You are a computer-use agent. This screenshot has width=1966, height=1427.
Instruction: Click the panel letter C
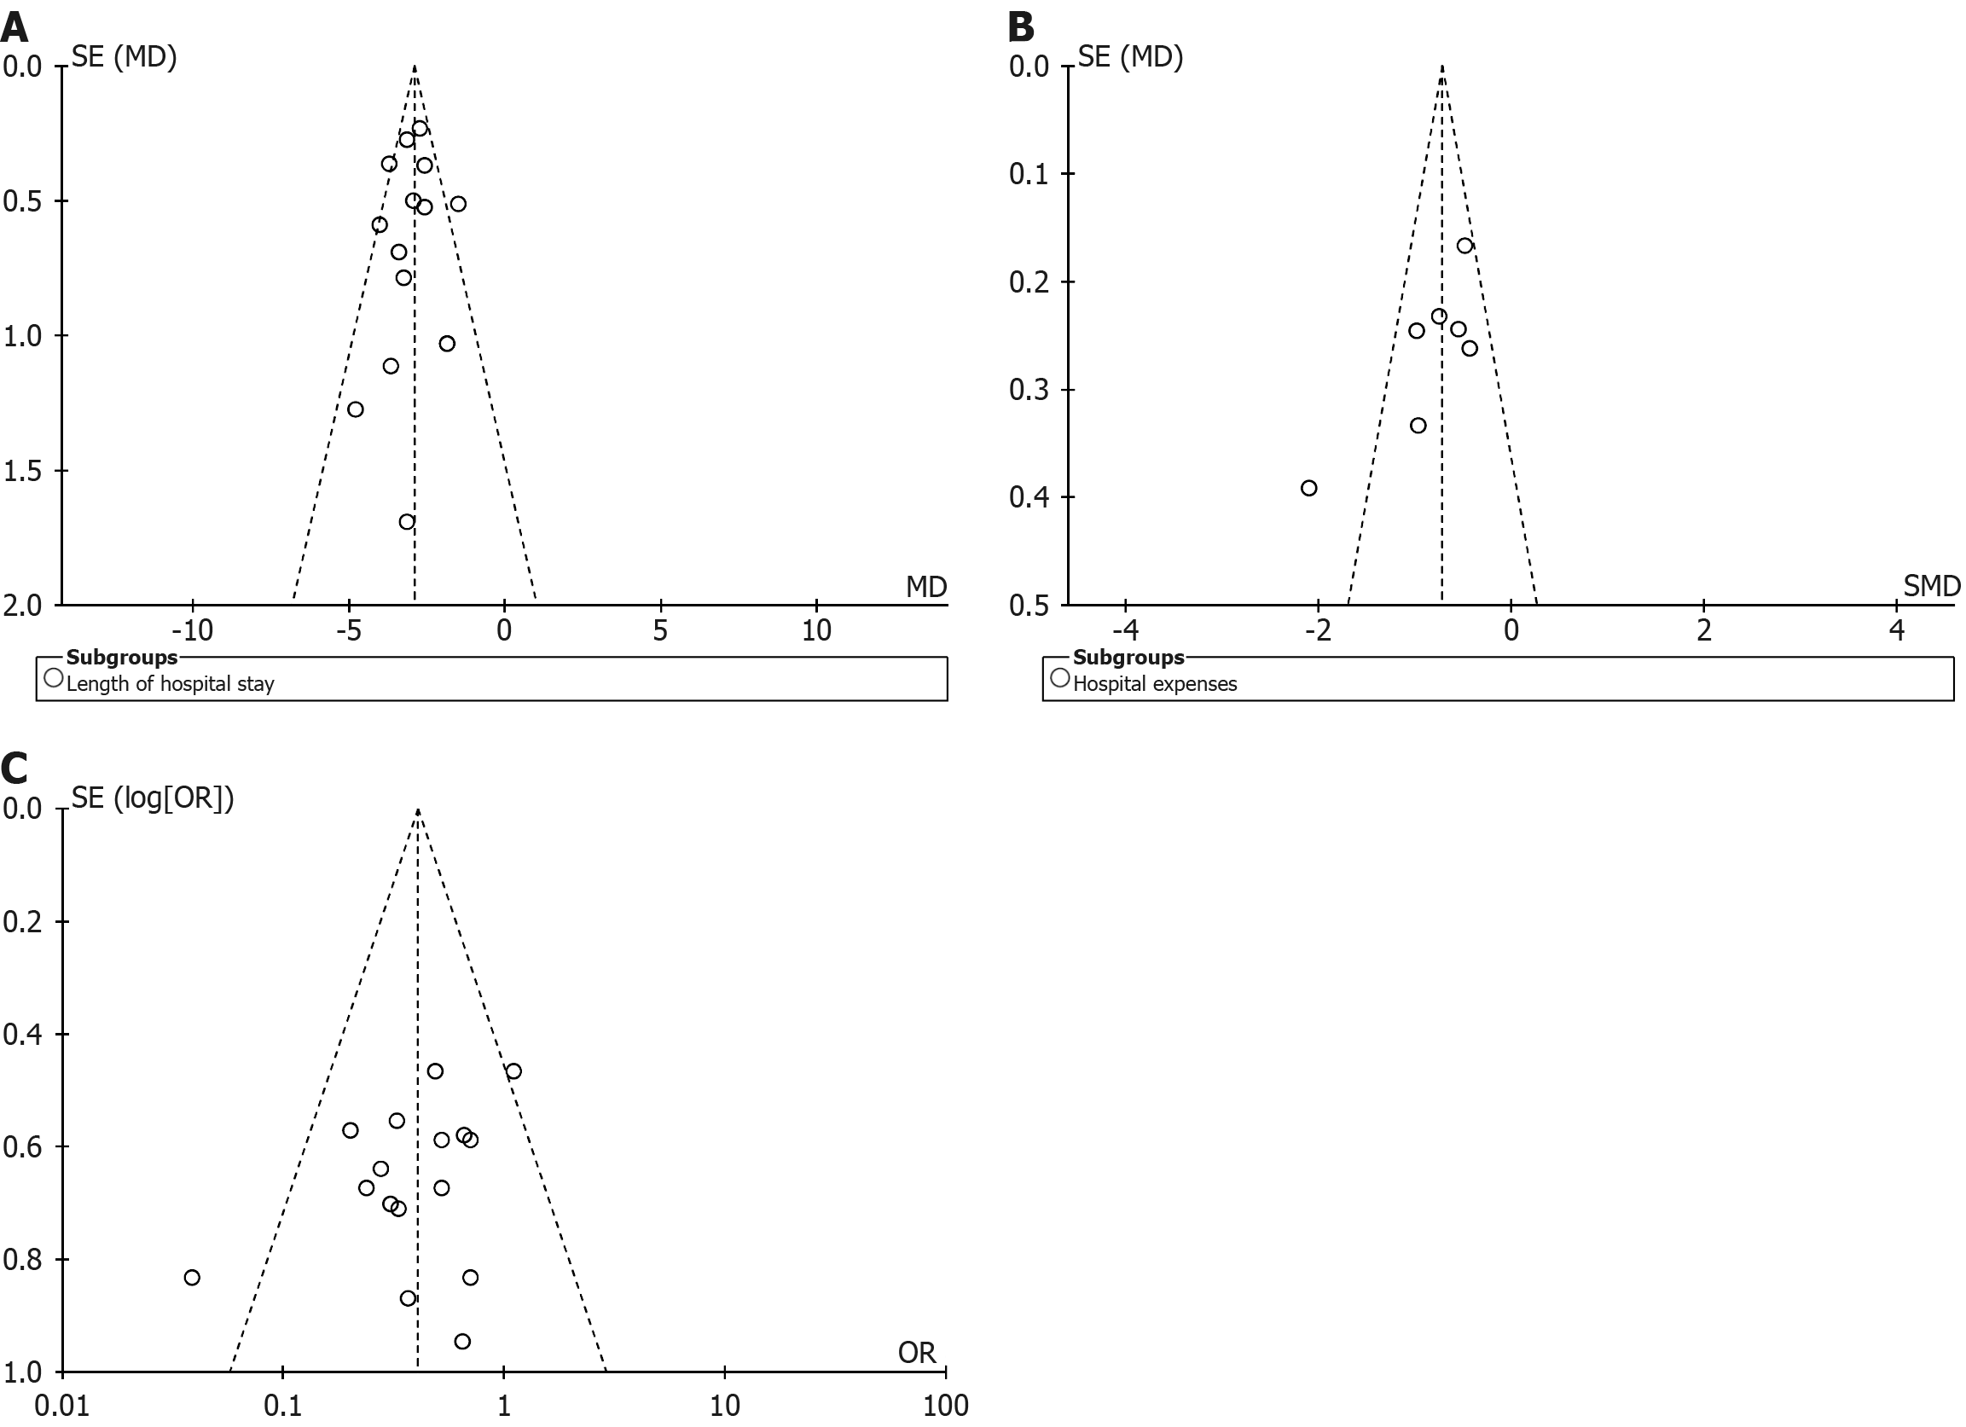point(14,769)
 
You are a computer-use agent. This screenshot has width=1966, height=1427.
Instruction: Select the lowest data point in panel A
point(407,522)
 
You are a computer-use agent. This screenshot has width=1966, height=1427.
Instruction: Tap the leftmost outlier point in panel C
point(192,1277)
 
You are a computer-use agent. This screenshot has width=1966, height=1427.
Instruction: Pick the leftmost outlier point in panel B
point(1309,488)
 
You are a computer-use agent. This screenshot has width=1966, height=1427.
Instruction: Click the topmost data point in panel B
point(1464,246)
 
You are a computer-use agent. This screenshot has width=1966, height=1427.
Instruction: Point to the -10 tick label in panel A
point(192,630)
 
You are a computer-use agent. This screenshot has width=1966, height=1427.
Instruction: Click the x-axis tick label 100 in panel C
point(945,1406)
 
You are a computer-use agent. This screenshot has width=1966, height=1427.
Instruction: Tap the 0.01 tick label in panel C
point(62,1406)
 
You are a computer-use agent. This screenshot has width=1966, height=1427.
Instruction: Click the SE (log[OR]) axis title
point(153,798)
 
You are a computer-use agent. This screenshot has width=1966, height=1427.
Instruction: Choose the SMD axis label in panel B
point(1931,587)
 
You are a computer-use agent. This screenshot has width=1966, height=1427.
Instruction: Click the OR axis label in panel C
point(917,1353)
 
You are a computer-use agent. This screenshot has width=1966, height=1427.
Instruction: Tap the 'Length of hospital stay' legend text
point(170,684)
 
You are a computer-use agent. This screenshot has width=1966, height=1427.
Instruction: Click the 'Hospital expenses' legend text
point(1155,684)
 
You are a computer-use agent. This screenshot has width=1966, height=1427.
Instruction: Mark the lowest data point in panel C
point(462,1341)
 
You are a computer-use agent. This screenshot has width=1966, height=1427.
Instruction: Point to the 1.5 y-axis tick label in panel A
point(22,471)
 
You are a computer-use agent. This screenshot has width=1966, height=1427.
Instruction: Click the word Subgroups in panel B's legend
point(1128,657)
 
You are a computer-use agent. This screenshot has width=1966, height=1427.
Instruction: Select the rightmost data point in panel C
point(513,1070)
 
